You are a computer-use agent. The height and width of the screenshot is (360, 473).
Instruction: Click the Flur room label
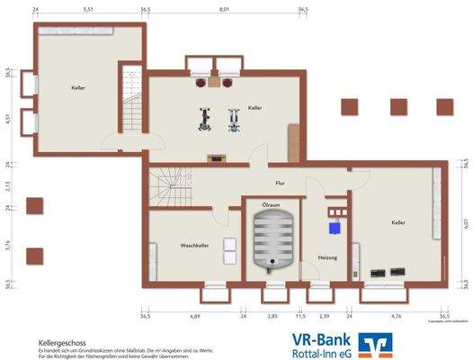[x=280, y=183]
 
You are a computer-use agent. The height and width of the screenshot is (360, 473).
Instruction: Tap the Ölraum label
[x=271, y=206]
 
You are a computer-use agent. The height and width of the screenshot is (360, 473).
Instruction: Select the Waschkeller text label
[x=194, y=245]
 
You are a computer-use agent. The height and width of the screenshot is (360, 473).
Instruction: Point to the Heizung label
[x=328, y=258]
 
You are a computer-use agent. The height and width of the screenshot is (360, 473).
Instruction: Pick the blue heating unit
[x=335, y=227]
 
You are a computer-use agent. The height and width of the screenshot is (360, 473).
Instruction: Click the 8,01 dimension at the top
[x=224, y=9]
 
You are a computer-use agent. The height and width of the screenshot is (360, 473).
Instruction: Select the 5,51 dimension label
[x=88, y=9]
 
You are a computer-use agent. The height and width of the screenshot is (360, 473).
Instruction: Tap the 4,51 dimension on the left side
[x=8, y=118]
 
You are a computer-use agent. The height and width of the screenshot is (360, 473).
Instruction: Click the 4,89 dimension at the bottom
[x=194, y=318]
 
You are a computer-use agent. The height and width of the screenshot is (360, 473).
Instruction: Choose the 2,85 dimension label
[x=272, y=318]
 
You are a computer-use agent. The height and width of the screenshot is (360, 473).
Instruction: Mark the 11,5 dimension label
[x=302, y=318]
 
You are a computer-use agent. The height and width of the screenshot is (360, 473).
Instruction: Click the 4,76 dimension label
[x=397, y=318]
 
